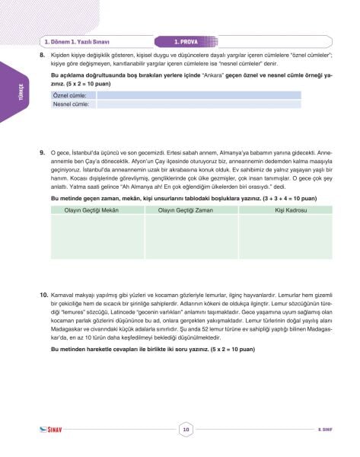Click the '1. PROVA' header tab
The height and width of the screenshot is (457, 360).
[x=186, y=43]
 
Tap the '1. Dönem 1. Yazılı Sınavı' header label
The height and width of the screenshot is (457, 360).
[x=75, y=43]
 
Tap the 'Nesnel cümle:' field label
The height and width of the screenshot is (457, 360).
[x=71, y=104]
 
